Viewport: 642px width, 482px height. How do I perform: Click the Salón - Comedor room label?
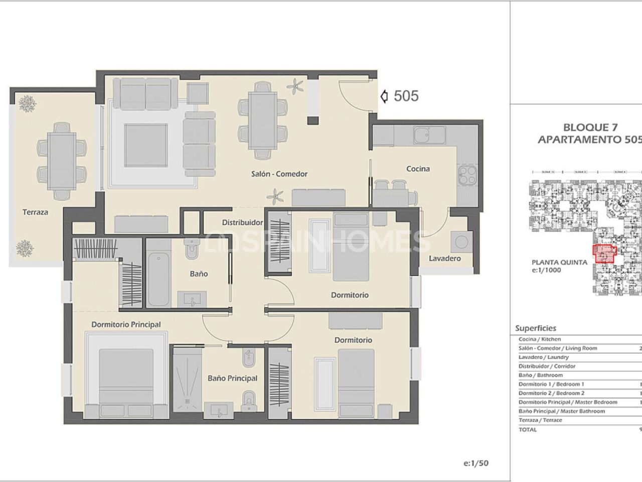(279, 174)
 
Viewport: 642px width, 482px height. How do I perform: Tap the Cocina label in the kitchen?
(418, 169)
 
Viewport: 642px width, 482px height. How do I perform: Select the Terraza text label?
(35, 212)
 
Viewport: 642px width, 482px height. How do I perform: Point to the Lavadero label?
(444, 259)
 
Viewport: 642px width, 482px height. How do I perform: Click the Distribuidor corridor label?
(243, 222)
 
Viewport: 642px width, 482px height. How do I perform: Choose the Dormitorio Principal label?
(126, 324)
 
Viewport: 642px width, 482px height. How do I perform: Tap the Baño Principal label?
(232, 378)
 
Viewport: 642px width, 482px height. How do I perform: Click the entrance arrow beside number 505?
(385, 96)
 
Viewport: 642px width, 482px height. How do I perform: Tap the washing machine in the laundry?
(460, 242)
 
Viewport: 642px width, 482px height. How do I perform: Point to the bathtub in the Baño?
(159, 273)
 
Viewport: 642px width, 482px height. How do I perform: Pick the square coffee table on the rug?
(145, 146)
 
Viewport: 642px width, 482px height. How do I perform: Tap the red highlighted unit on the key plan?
(604, 254)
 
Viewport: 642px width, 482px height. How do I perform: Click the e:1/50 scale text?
(476, 463)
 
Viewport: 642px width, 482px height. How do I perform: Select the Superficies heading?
(536, 328)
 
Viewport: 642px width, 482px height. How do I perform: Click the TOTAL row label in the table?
(528, 429)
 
